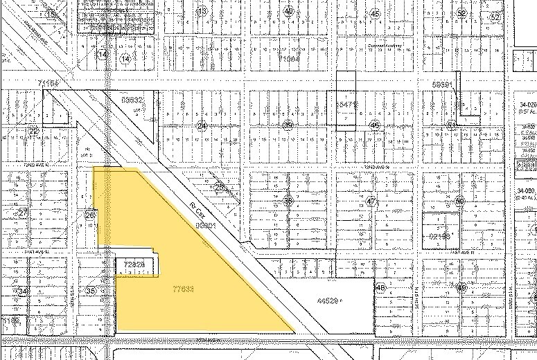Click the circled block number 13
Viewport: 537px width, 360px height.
coord(202,12)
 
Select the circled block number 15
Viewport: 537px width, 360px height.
coord(51,14)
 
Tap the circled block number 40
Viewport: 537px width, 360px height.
coord(288,11)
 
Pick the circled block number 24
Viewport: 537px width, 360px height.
coord(202,126)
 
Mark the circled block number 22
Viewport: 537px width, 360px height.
coord(33,129)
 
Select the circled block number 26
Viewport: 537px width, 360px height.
coord(89,216)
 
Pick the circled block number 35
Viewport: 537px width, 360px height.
coord(89,291)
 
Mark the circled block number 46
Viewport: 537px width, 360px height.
coord(375,125)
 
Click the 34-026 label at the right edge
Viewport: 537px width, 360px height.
coord(527,106)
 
